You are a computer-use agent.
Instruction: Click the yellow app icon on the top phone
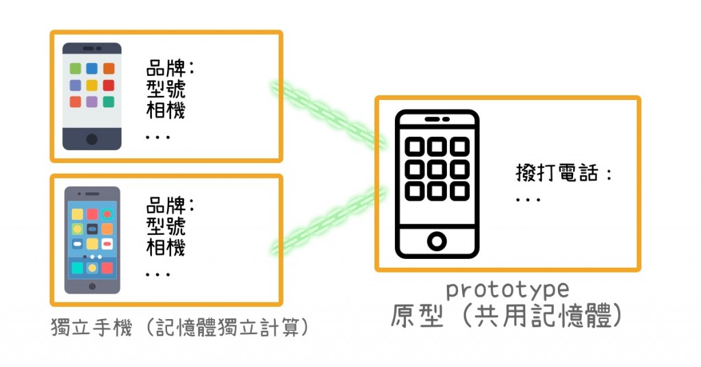[x=92, y=86]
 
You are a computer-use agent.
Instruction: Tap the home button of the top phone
[x=92, y=139]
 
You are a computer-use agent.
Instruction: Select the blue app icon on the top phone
[x=92, y=68]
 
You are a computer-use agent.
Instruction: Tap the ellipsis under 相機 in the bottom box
[x=158, y=275]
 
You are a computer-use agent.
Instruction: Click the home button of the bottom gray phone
[x=92, y=286]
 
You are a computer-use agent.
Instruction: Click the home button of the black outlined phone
[x=437, y=241]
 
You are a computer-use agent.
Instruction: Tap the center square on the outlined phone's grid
[x=437, y=168]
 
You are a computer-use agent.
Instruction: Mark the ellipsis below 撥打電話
[x=528, y=200]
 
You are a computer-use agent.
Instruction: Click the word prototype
[x=507, y=290]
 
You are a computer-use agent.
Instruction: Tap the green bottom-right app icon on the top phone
[x=109, y=102]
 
